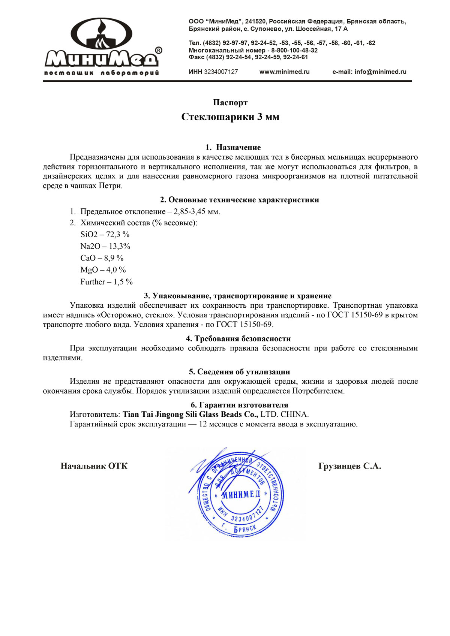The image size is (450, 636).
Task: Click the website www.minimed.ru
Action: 284,72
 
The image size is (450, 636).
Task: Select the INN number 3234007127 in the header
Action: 220,72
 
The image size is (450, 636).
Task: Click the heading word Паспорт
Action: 230,103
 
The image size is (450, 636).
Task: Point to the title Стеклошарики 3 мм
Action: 230,117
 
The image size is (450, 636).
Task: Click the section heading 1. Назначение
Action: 233,147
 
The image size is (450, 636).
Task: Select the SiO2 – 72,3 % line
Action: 105,235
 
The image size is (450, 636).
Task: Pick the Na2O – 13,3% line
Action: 105,246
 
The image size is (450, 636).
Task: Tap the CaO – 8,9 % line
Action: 102,258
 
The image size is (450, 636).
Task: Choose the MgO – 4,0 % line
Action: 103,270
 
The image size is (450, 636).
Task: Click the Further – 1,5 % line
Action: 106,282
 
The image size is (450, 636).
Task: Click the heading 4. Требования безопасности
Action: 238,339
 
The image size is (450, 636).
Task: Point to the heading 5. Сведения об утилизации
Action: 239,372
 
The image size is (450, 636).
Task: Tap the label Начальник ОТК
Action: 94,466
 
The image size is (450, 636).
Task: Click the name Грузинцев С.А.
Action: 349,466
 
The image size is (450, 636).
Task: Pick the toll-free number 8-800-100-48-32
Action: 294,50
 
